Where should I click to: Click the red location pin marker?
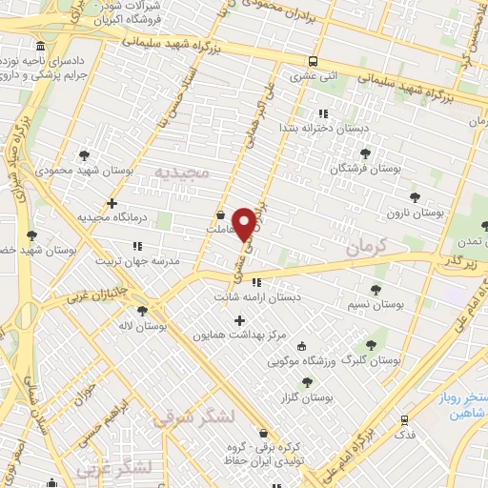tap(244, 224)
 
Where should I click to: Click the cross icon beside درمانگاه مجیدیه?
tap(112, 203)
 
